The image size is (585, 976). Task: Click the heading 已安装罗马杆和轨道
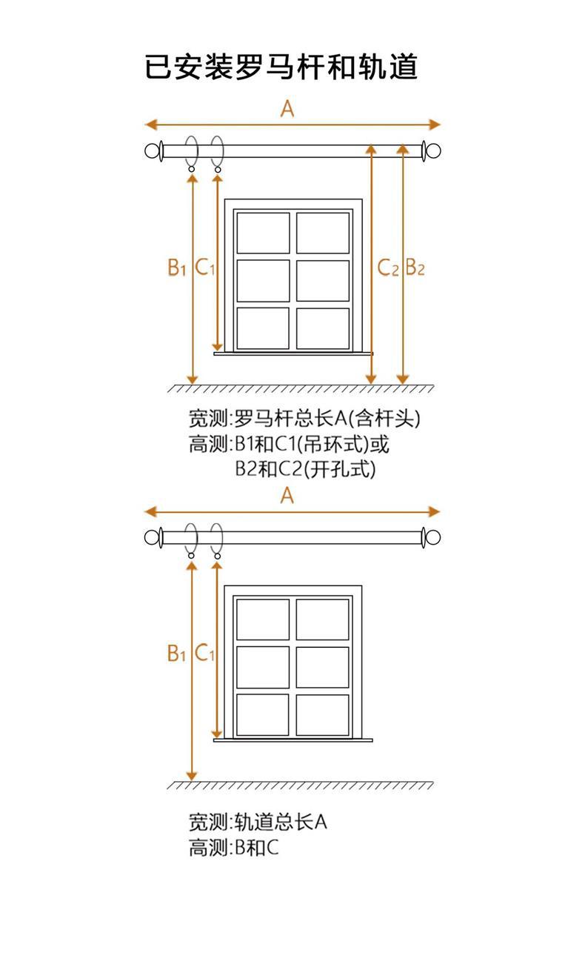[281, 67]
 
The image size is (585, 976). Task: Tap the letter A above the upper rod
[287, 109]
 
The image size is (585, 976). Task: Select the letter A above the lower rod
[287, 496]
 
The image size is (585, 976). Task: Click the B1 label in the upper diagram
[176, 268]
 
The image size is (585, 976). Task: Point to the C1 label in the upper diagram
[204, 268]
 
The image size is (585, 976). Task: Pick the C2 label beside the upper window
[387, 268]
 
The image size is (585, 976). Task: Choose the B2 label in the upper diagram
[415, 268]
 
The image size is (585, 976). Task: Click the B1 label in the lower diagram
[176, 654]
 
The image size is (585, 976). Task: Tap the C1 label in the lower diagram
[204, 654]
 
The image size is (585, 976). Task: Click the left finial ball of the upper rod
[153, 152]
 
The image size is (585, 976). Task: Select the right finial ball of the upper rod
[433, 152]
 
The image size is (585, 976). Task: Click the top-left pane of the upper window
[263, 233]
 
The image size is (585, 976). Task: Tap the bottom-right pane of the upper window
[323, 328]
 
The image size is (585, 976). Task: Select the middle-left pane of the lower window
[263, 667]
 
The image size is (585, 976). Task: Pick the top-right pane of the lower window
[323, 620]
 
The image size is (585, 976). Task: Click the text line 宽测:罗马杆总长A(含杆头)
[304, 419]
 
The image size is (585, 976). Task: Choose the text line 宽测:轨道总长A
[258, 822]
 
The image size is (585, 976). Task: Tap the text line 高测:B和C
[233, 849]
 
